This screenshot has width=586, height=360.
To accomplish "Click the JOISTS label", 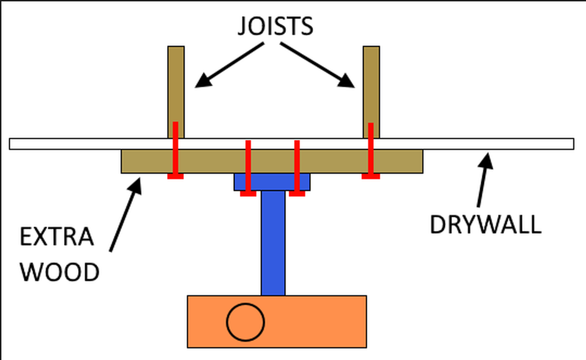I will click(x=275, y=26).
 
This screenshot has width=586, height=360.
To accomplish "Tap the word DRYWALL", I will click(x=485, y=224).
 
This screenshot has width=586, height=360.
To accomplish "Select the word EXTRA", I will click(x=57, y=238).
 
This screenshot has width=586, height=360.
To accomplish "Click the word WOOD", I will click(x=59, y=272).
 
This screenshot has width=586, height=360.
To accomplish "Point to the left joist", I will click(x=176, y=83).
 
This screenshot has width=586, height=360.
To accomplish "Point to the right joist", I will click(x=371, y=83).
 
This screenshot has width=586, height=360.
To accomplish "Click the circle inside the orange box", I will click(x=245, y=322).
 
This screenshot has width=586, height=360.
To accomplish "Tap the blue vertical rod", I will click(x=273, y=244).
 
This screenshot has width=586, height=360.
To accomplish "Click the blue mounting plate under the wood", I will click(x=272, y=182).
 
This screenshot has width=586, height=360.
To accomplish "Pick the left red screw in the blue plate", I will click(x=248, y=168).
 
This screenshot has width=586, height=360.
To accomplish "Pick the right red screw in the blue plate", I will click(x=296, y=168).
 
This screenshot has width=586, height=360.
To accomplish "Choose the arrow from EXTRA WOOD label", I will click(x=125, y=215).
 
